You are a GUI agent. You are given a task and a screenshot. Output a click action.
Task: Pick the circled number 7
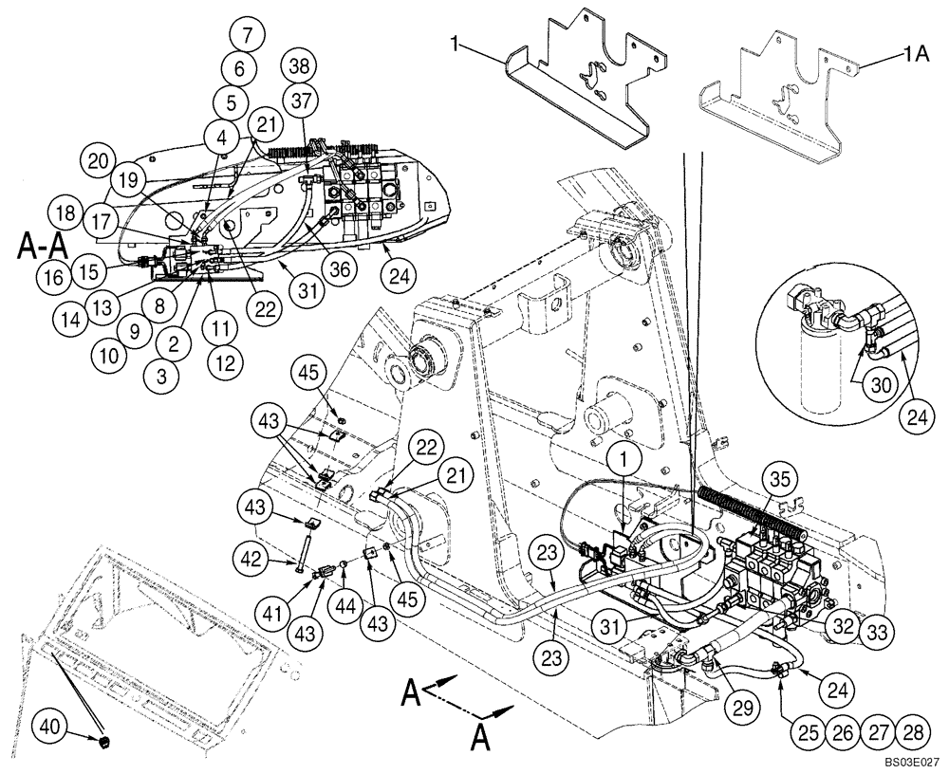pyautogui.click(x=247, y=37)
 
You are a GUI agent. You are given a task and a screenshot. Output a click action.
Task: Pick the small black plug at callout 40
pyautogui.click(x=103, y=738)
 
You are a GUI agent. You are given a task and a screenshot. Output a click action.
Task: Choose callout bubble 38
pyautogui.click(x=300, y=65)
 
